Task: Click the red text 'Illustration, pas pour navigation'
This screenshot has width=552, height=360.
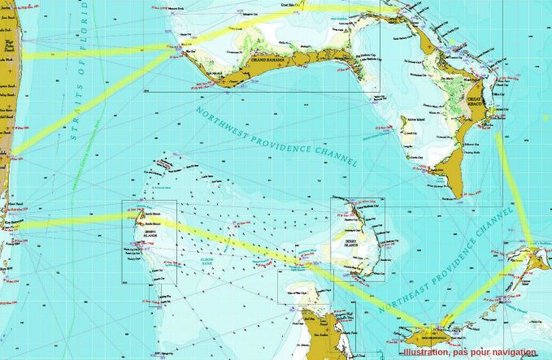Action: point(470,353)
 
